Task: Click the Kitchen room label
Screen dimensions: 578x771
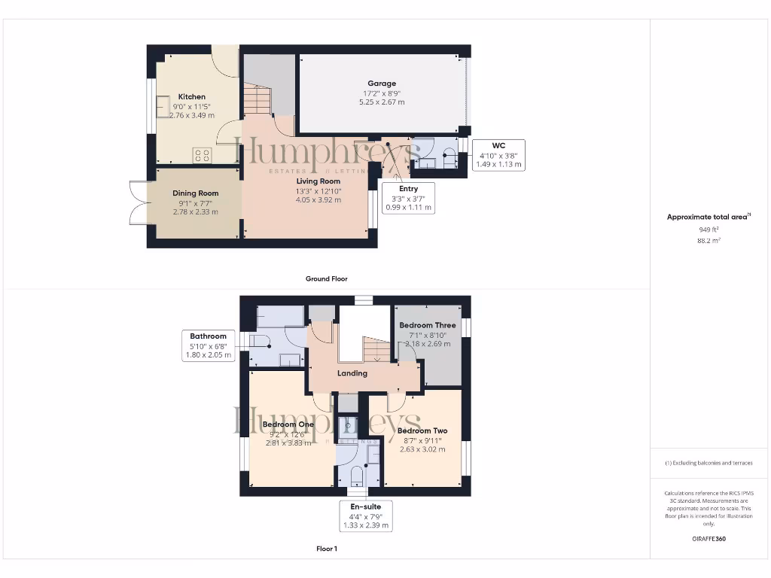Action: (191, 97)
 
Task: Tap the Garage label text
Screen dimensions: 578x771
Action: (382, 84)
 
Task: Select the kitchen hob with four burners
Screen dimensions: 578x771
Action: (202, 156)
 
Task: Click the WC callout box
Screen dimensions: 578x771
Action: (498, 154)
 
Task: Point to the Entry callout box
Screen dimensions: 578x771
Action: (408, 198)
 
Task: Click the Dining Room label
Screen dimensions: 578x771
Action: (195, 193)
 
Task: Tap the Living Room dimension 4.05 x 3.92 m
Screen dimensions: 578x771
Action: (318, 200)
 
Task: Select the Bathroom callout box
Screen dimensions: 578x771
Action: (208, 345)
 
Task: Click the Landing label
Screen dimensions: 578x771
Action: (352, 373)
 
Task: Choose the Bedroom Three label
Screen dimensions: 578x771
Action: (428, 325)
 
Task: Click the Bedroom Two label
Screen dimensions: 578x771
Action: (422, 431)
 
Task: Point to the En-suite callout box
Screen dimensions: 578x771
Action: (366, 516)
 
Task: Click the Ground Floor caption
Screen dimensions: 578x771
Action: (326, 278)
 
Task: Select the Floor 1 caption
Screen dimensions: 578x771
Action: (326, 549)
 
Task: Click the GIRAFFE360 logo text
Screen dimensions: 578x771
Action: (709, 539)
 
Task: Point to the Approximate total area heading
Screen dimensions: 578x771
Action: (709, 217)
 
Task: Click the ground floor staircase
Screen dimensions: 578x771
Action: (256, 98)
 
